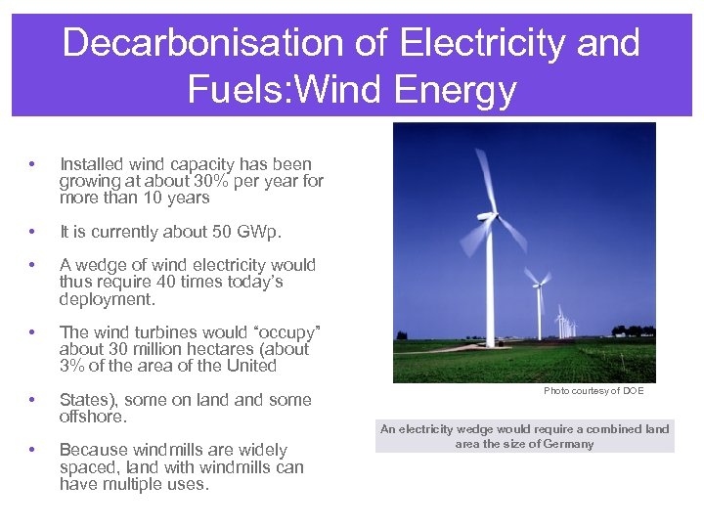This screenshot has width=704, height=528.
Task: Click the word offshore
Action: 92,417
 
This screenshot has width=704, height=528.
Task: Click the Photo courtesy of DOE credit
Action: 594,391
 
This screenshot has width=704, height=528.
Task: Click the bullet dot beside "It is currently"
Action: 33,232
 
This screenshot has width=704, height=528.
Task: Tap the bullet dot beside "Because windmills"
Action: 33,450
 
